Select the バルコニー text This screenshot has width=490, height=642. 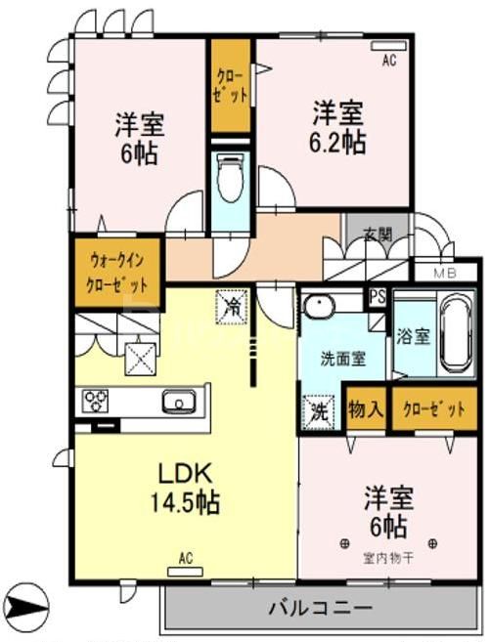coord(320,608)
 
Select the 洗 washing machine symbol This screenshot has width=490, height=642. coord(316,409)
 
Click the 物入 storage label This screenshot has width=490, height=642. coord(365,409)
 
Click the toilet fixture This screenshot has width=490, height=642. coord(230,180)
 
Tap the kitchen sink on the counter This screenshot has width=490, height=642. coord(180,401)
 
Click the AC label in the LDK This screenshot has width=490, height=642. coord(186,558)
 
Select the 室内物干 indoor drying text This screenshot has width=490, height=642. coord(386,556)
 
